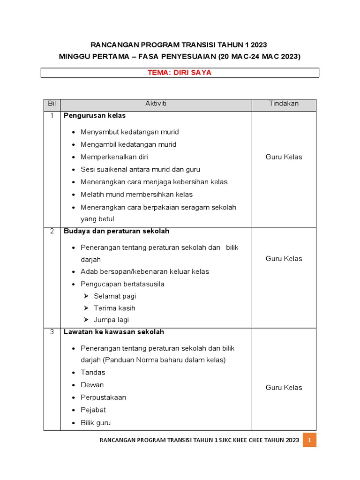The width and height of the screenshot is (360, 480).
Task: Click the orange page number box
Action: pos(309,440)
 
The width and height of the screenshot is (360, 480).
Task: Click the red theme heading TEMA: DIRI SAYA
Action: pos(180,73)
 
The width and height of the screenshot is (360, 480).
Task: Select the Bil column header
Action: pos(52,104)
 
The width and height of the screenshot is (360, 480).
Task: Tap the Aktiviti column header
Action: pos(156,104)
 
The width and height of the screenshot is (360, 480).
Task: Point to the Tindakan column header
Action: pos(284,104)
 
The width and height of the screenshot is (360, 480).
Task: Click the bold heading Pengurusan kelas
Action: pos(95,115)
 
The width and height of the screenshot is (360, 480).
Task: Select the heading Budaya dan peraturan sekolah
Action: pos(116,231)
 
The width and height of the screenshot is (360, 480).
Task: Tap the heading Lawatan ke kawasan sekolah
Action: pos(114,332)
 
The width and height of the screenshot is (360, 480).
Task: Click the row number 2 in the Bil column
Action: pos(52,231)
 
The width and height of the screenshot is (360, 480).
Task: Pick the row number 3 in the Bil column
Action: pos(52,332)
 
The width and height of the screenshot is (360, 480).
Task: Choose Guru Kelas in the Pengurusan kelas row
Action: pos(284,157)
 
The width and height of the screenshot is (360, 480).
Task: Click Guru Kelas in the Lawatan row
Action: pos(284,388)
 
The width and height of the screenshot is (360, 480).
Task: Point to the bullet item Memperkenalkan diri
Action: pos(114,157)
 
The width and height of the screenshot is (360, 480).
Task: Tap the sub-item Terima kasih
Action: pos(114,308)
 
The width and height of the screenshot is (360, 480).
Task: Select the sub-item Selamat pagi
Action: pos(115,296)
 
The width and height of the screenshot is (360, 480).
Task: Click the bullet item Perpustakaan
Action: pos(103,397)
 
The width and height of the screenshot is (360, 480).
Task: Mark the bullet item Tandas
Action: pos(93,373)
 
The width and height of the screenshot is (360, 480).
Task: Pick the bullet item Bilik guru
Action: pos(96,423)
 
